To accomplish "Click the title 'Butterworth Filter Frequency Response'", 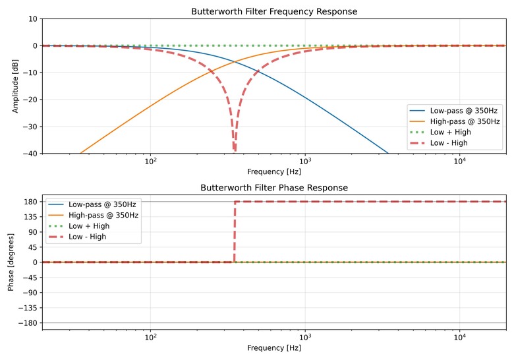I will [x=273, y=11].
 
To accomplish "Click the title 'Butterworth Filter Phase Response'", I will [x=273, y=188].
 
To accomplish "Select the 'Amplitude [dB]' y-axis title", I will [x=15, y=86].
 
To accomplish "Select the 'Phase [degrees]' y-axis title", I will [x=11, y=262].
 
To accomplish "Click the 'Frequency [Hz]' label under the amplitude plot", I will [x=273, y=171].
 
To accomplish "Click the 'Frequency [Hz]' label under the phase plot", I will [x=273, y=347].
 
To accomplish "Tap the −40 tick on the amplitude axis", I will [x=30, y=154].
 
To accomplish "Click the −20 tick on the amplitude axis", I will [x=30, y=100].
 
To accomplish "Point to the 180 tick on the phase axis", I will [x=30, y=202].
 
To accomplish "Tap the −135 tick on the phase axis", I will [x=28, y=308].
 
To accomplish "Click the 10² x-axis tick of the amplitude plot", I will [x=151, y=162].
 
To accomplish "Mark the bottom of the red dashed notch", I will [x=235, y=150].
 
